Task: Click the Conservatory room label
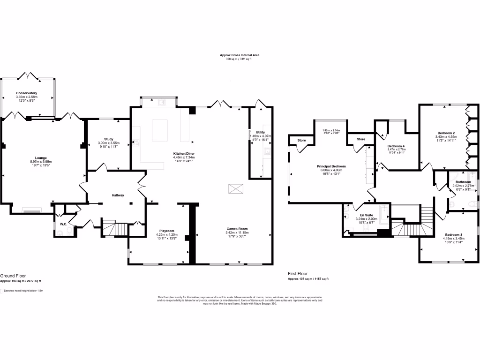26,93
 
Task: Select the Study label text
108,139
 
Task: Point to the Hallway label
117,195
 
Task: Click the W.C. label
63,224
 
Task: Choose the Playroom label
166,231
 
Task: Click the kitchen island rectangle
161,130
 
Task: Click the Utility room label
260,133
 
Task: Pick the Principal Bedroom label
333,166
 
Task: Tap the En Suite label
366,215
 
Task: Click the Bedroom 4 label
396,146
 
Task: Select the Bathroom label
463,182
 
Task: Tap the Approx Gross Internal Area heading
240,55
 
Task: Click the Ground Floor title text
13,276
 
